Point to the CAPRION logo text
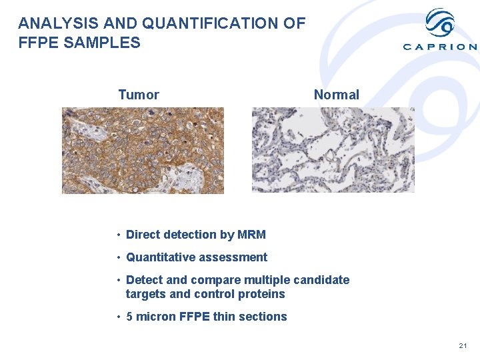pyautogui.click(x=440, y=47)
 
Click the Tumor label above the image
pyautogui.click(x=139, y=95)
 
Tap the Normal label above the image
pyautogui.click(x=336, y=95)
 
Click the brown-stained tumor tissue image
pyautogui.click(x=143, y=151)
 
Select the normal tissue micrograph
pyautogui.click(x=333, y=151)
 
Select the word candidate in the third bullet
pyautogui.click(x=322, y=280)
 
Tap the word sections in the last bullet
pyautogui.click(x=263, y=317)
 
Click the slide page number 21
pyautogui.click(x=463, y=345)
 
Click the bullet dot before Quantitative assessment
pyautogui.click(x=117, y=258)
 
